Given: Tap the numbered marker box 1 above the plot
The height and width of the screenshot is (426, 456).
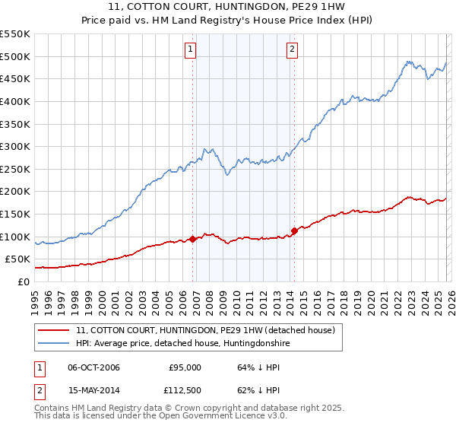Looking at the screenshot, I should [190, 50].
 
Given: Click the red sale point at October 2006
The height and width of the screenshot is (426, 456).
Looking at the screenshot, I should [193, 239].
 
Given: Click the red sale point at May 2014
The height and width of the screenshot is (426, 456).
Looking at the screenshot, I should [294, 230].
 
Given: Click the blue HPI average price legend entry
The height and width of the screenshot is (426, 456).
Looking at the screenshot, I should [183, 344].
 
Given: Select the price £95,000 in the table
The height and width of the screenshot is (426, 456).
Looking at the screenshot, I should [185, 367].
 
